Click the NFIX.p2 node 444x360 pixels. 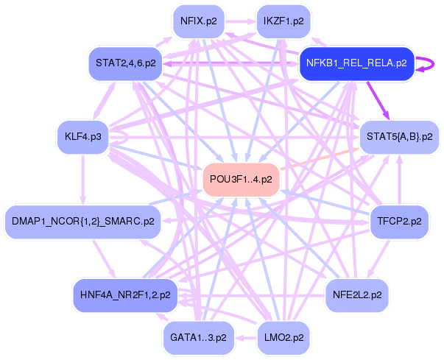(x=199, y=21)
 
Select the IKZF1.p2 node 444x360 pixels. (x=283, y=21)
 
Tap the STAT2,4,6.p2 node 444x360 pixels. (x=125, y=63)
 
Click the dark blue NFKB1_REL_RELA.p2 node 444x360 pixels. (x=356, y=63)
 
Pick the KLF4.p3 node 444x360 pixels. (x=82, y=137)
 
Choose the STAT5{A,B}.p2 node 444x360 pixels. (x=398, y=137)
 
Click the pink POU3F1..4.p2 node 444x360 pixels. (x=241, y=179)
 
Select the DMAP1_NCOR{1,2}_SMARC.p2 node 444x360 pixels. (x=82, y=221)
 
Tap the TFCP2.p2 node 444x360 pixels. (x=399, y=221)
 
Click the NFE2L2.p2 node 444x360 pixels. (x=357, y=294)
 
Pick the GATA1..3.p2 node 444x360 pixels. (x=198, y=337)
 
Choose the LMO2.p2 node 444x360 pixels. (x=283, y=337)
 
